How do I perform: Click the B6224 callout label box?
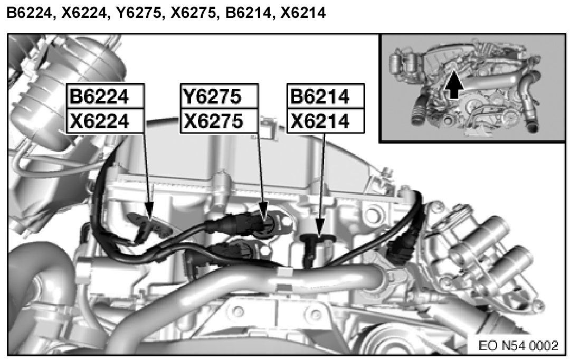coord(106,96)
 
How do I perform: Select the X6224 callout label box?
coord(106,121)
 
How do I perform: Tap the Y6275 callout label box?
coord(219,96)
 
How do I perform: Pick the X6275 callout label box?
coord(219,121)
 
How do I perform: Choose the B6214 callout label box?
coord(326,96)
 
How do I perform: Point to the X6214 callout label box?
coord(326,121)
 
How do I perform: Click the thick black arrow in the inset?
coord(454,84)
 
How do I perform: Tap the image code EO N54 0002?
coord(518,345)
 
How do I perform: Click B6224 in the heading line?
coord(30,13)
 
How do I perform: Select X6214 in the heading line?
coord(303,13)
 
